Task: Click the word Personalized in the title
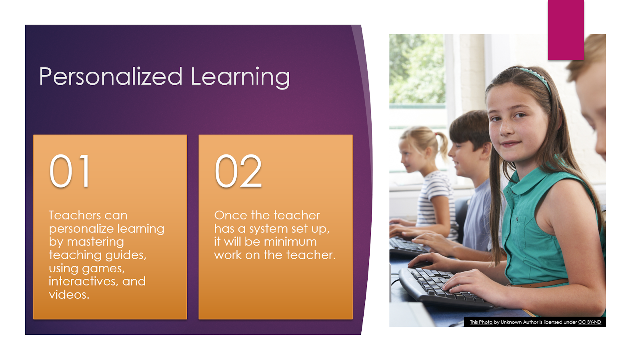coord(111,76)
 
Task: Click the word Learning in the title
coord(240,76)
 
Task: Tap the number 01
coord(70,171)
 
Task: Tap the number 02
coord(238,171)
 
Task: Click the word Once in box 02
coord(230,215)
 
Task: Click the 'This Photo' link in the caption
coord(481,322)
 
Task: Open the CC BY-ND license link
coord(589,322)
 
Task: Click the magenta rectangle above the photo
coord(566,30)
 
